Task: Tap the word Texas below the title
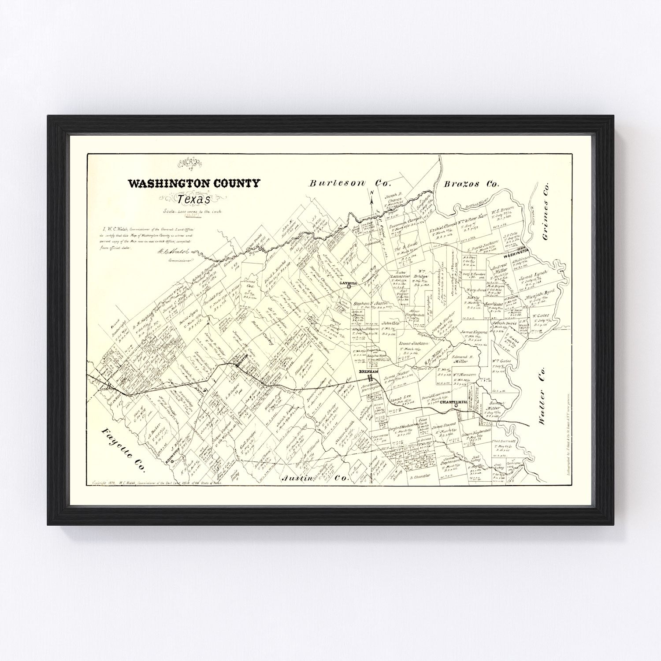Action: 194,199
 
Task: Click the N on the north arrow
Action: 371,193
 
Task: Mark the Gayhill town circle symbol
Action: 349,286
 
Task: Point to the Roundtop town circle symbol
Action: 172,458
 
